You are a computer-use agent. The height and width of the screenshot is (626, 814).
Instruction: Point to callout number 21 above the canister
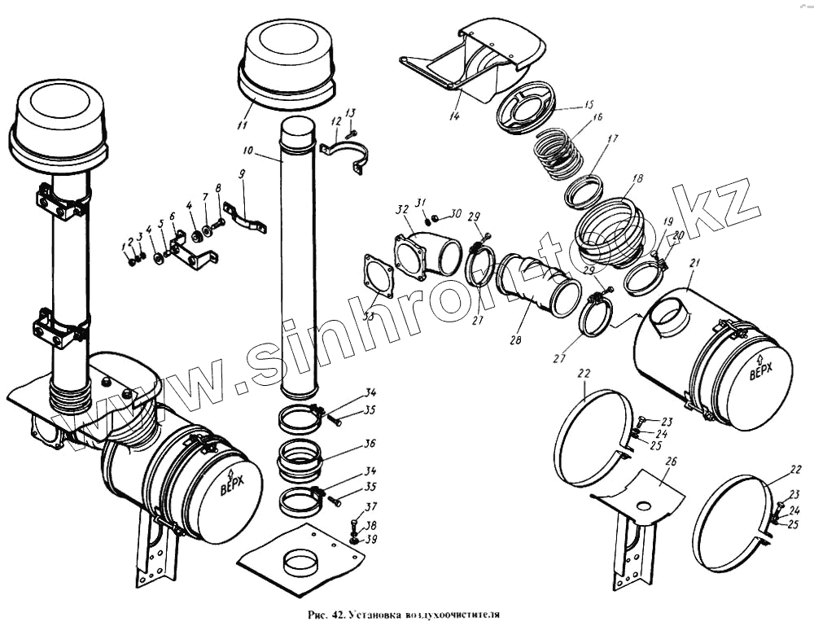pyautogui.click(x=694, y=264)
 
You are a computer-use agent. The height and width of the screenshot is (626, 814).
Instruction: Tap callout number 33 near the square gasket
pyautogui.click(x=369, y=317)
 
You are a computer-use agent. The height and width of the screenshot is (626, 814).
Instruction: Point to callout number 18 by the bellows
pyautogui.click(x=637, y=178)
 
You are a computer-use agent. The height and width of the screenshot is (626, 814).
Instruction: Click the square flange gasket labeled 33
pyautogui.click(x=378, y=275)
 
